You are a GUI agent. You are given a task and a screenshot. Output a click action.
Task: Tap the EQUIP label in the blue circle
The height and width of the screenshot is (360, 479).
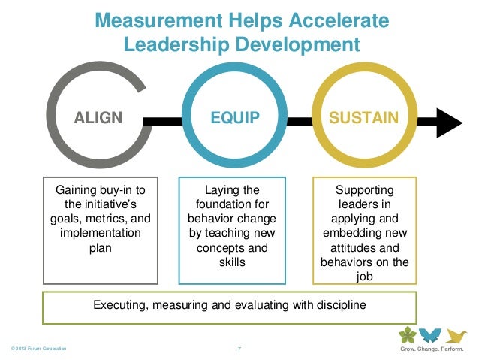tap(235, 118)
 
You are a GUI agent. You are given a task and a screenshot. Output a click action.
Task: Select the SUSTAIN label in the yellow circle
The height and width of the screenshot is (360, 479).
tap(364, 118)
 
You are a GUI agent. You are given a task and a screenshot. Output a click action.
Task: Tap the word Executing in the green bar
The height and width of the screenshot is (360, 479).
tap(119, 305)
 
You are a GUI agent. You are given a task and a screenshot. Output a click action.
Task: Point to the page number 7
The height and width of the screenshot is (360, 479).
tap(238, 350)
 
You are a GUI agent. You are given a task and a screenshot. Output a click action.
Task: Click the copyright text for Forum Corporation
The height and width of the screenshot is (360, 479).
tap(35, 349)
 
